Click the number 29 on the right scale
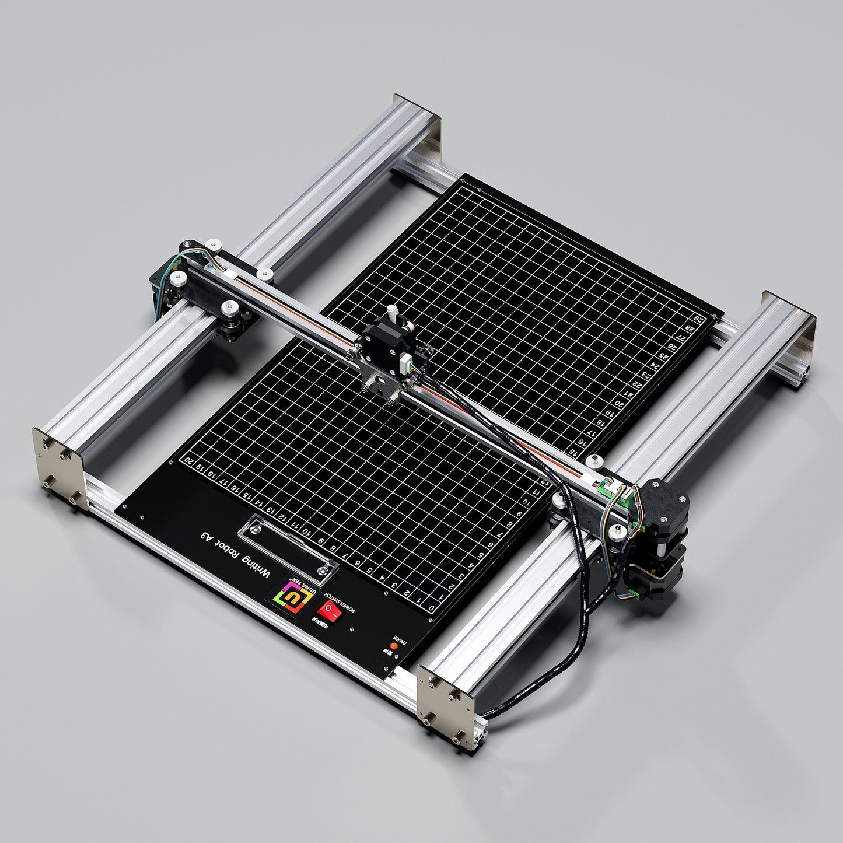pos(699,319)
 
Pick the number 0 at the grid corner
pos(431,610)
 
